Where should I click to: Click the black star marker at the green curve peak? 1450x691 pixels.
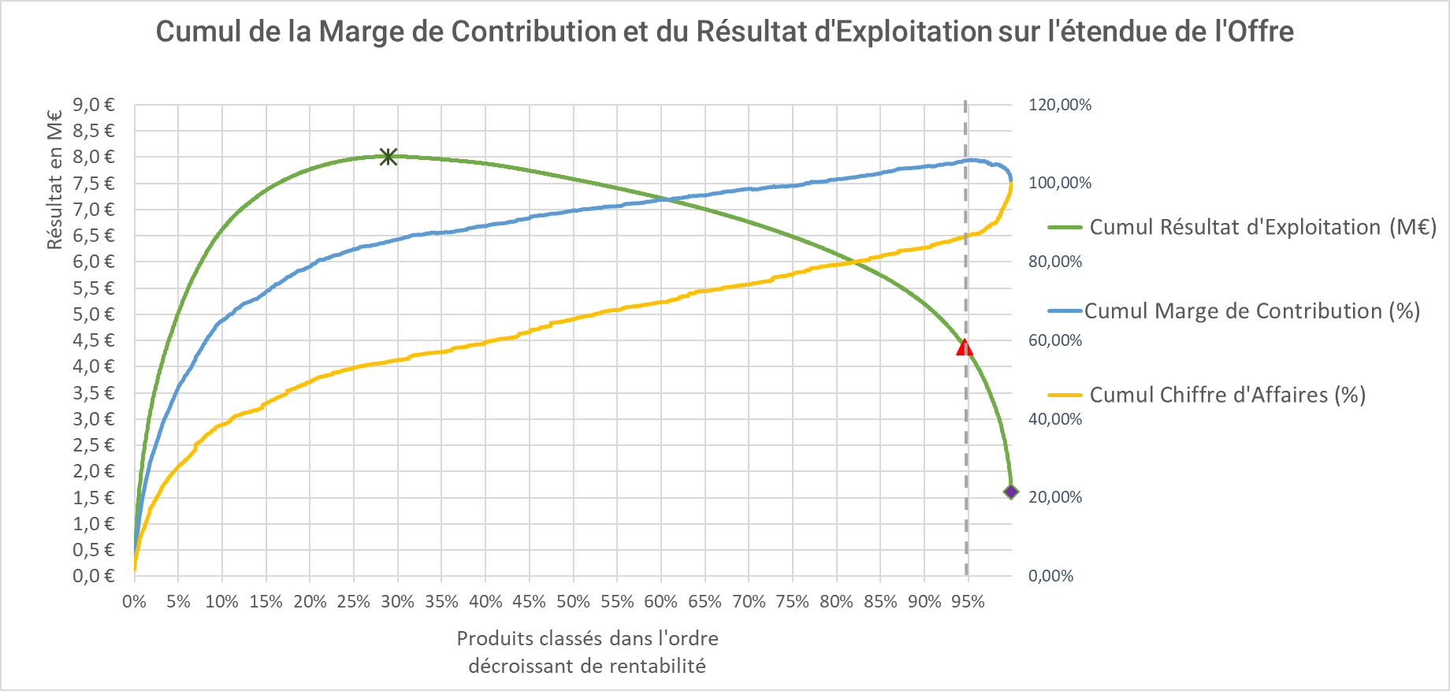tap(388, 156)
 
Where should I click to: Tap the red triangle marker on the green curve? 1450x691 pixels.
tap(964, 347)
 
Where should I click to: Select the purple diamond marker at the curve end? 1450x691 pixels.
tap(1011, 492)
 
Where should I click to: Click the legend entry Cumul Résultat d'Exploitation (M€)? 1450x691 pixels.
tap(1262, 227)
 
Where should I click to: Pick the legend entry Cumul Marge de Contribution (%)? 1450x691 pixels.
tap(1251, 311)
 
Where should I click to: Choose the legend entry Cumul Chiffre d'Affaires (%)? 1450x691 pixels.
tap(1227, 395)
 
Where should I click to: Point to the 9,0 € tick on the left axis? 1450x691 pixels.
tap(94, 105)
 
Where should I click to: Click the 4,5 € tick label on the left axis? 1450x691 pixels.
tap(94, 340)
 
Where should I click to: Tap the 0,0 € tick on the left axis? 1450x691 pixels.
tap(94, 576)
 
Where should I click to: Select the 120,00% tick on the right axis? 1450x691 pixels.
tap(1060, 105)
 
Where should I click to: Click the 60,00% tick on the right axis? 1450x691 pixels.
tap(1055, 340)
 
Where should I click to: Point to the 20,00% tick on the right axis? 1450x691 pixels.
tap(1055, 497)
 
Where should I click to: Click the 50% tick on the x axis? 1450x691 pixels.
tap(573, 602)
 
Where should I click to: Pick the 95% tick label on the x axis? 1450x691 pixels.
tap(968, 602)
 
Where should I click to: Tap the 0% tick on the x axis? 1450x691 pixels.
tap(134, 602)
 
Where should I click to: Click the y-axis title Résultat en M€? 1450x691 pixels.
tap(54, 180)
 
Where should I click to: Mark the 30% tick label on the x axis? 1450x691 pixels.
tap(397, 602)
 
